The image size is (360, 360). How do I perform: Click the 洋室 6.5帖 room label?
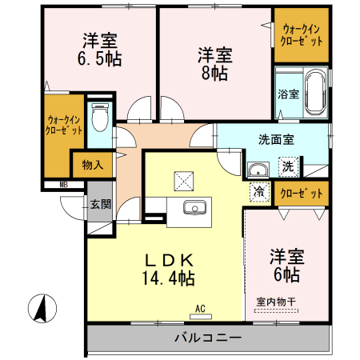coord(99,50)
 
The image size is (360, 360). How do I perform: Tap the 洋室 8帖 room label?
coord(214,63)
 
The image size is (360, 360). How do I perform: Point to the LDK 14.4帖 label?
coord(169,270)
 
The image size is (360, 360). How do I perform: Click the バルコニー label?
coord(208,338)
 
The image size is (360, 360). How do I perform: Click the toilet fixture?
coord(100,118)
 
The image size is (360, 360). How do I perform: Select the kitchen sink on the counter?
coord(194,209)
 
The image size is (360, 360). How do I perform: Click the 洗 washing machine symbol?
coord(286,167)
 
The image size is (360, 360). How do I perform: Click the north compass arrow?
coord(41,307)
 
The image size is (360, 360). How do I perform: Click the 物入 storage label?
coord(92,166)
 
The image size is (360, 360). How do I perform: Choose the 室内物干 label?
coord(275,302)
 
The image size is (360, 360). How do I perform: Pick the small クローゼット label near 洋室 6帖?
coord(302,193)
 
